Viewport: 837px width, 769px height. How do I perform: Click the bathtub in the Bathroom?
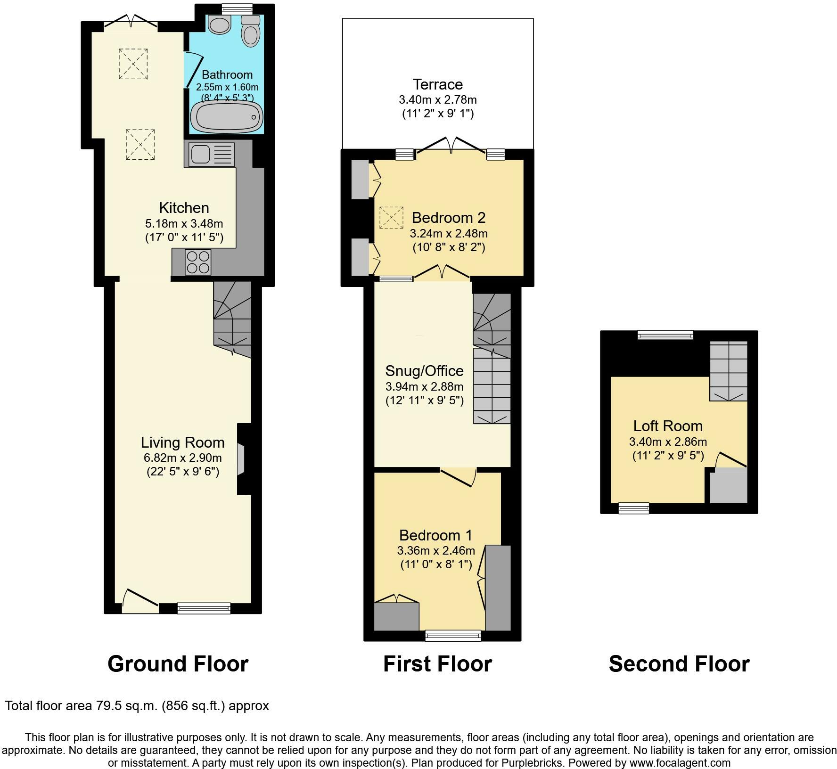226,117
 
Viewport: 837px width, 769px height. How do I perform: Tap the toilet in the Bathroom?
250,30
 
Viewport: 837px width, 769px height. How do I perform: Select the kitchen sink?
211,155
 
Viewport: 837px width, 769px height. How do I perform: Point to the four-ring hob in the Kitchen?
198,262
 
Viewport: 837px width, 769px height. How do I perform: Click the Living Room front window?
204,608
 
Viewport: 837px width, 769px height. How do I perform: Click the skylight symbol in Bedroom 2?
392,218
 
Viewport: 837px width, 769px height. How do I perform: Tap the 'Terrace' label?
438,84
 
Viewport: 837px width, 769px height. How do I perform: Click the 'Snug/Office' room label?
425,371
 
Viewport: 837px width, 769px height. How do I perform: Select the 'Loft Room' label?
668,426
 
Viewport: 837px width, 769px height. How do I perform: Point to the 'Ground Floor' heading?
178,664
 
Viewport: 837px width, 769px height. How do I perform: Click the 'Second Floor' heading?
679,664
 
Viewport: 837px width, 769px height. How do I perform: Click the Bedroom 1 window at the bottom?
453,636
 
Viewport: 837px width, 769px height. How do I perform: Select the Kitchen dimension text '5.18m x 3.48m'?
184,223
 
